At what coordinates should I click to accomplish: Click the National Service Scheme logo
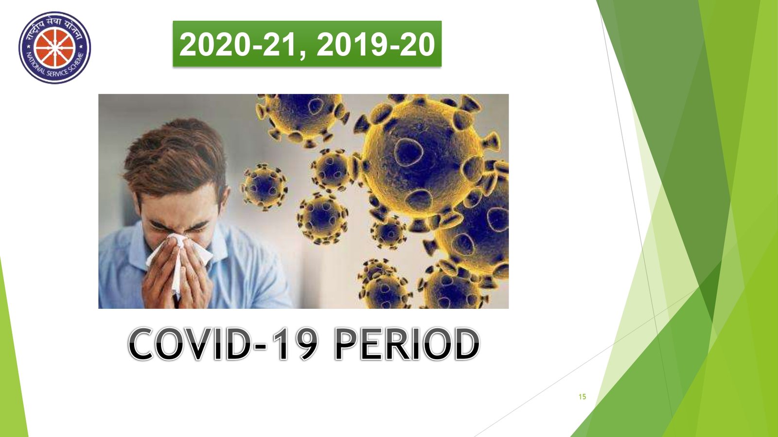point(55,48)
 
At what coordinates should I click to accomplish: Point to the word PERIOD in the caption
point(407,344)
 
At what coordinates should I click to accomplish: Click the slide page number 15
point(583,396)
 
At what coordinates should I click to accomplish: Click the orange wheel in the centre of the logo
point(55,48)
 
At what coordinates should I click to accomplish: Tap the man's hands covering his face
point(177,274)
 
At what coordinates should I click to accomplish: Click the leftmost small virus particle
point(264,187)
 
